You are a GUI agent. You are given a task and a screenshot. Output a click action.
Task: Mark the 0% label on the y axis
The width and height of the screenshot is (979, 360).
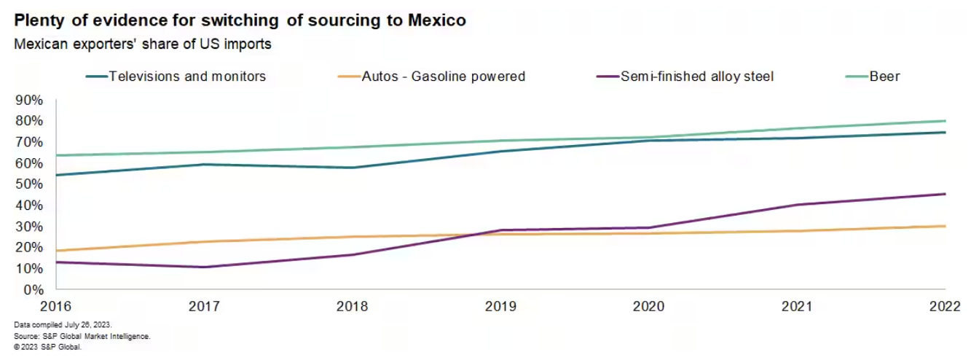click(x=34, y=289)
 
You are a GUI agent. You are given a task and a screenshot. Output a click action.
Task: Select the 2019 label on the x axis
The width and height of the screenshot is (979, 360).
click(x=500, y=306)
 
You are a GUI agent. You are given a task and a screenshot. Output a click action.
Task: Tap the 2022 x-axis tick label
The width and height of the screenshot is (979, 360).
click(x=944, y=306)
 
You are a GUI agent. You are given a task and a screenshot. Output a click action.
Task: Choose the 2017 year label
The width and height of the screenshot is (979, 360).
click(x=205, y=306)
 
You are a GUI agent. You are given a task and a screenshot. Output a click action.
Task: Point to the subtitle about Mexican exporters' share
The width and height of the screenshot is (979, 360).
click(x=143, y=44)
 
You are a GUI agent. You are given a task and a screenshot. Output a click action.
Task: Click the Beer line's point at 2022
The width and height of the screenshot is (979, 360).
click(x=945, y=121)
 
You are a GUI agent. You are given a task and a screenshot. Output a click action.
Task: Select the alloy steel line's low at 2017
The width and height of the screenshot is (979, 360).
click(x=205, y=267)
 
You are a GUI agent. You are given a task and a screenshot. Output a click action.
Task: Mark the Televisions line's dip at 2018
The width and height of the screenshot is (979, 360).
click(x=353, y=168)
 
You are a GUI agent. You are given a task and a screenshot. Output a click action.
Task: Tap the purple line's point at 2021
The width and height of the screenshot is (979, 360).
click(x=797, y=205)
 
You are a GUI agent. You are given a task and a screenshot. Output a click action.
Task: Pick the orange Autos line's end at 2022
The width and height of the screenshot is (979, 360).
click(x=945, y=226)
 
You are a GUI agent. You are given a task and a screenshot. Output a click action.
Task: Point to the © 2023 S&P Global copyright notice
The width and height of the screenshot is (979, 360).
click(x=47, y=347)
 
